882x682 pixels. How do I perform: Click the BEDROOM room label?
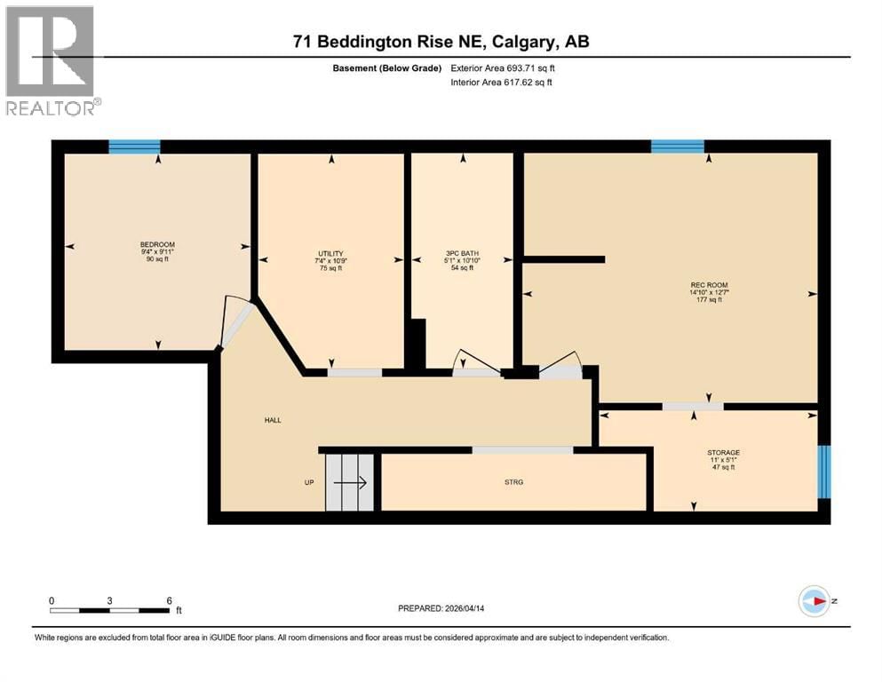coord(157,245)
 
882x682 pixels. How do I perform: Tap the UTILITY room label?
coord(330,254)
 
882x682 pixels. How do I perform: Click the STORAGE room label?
coord(724,453)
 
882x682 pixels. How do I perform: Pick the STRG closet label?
coord(513,482)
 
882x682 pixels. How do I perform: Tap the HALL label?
coord(273,420)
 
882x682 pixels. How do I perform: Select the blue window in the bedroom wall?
coord(134,147)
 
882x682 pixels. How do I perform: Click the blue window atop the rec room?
coord(677,147)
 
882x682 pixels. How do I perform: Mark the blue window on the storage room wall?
coord(824,472)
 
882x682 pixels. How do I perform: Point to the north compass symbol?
coord(814,601)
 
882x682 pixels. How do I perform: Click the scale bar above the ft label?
coord(110,610)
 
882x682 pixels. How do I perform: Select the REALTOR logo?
coord(51,60)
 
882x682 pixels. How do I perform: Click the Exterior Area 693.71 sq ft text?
coord(507,67)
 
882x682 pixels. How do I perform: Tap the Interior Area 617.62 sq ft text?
coord(507,83)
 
